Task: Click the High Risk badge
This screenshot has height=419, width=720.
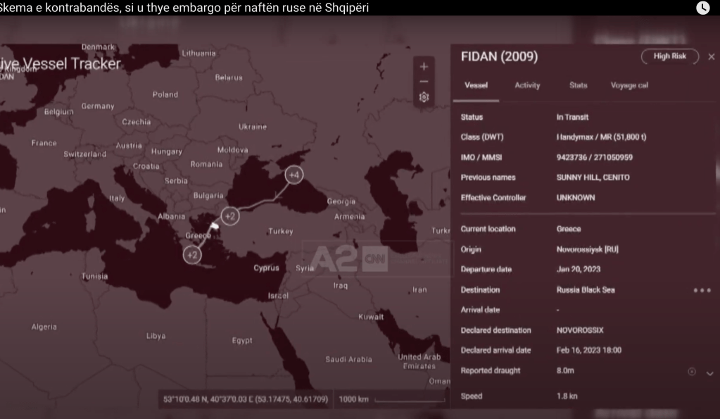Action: click(x=669, y=56)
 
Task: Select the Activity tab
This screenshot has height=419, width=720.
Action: click(x=527, y=85)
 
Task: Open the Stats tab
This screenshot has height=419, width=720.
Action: click(x=578, y=85)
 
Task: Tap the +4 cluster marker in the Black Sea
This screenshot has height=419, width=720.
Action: click(x=294, y=175)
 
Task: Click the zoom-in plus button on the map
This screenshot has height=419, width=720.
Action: click(x=424, y=67)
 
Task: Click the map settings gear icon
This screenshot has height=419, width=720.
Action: click(x=424, y=97)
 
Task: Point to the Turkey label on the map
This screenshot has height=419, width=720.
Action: click(x=280, y=232)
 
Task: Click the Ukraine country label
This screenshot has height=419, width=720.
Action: click(x=253, y=127)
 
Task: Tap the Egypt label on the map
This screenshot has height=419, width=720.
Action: click(x=242, y=341)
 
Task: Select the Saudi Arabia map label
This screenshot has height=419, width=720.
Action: click(x=348, y=359)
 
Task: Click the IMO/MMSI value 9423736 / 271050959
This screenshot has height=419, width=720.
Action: click(x=594, y=158)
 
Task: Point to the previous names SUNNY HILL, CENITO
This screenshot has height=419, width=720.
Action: click(x=593, y=177)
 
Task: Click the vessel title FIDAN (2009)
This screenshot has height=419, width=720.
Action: click(x=499, y=56)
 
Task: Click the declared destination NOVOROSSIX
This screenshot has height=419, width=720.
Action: click(x=580, y=330)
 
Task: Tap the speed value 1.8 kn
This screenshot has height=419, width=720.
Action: click(x=567, y=396)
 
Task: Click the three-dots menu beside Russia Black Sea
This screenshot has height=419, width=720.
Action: click(x=702, y=290)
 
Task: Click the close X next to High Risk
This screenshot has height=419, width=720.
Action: click(x=711, y=57)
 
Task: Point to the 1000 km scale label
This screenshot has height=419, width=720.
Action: click(x=353, y=399)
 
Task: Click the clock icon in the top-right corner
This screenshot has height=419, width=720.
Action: click(x=702, y=8)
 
